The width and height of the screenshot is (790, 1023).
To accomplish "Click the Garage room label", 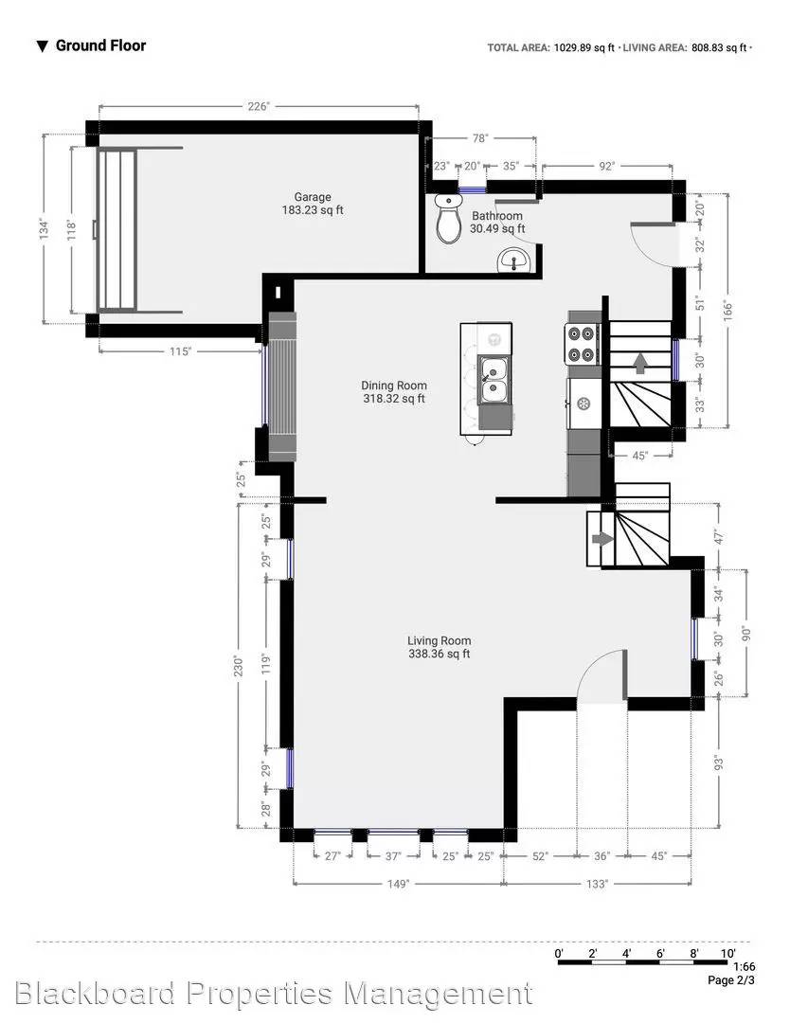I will (x=312, y=197).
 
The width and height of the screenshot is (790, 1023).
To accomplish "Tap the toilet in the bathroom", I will (x=446, y=220).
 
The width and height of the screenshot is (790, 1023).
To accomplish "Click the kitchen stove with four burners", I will (x=584, y=344).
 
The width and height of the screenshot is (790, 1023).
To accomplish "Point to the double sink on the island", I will (x=493, y=379).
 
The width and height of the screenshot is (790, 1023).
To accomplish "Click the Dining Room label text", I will (x=394, y=386).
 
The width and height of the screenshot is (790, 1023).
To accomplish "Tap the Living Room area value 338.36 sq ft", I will (x=439, y=654).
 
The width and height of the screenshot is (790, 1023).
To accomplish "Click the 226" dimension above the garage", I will (x=259, y=107).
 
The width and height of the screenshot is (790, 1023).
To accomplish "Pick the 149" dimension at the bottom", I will (x=397, y=884).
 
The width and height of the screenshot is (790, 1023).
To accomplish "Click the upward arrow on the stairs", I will (x=639, y=361).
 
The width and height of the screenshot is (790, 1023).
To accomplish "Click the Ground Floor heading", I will (x=100, y=45).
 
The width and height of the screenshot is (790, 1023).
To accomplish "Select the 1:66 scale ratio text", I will (x=743, y=968).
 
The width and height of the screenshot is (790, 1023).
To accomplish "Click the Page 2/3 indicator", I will (x=732, y=981).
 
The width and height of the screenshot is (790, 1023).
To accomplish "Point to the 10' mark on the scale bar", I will (x=727, y=953).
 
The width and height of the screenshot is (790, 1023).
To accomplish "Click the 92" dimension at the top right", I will (x=606, y=166).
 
